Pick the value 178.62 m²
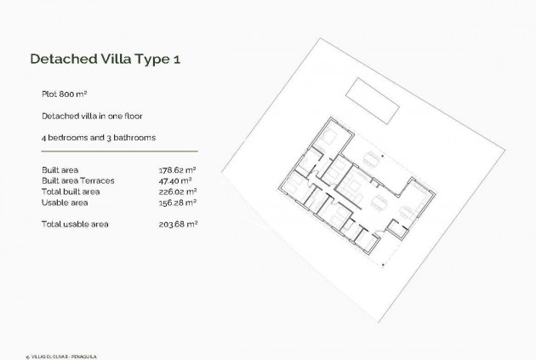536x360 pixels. click(178, 170)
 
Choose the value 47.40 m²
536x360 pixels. click(175, 180)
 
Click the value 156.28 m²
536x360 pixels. click(178, 203)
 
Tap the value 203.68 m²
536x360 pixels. click(178, 224)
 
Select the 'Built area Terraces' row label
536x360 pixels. click(77, 180)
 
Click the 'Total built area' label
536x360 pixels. click(71, 191)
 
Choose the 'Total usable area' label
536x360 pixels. click(74, 224)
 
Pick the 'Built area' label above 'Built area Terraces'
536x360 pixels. click(60, 170)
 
